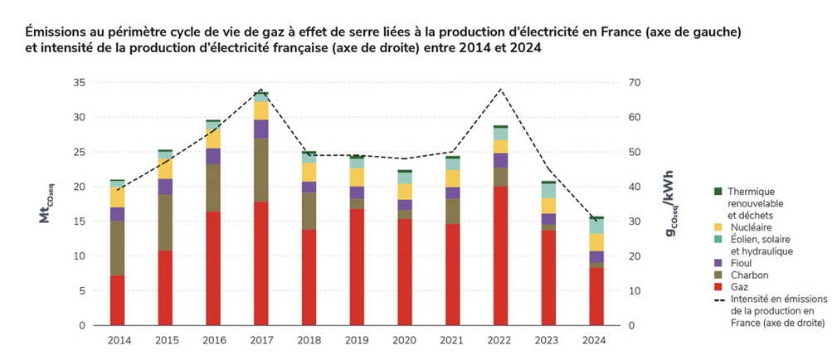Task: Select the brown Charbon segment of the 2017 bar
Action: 261,170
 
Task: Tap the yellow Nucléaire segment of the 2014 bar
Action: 117,197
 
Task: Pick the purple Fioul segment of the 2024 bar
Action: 596,257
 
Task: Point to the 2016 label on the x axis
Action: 213,340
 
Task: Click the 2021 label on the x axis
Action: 453,340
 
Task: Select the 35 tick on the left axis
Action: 79,83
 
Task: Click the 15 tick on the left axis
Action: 79,221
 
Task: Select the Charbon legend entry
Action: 746,275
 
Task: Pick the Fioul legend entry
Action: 740,263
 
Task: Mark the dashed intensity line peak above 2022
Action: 500,89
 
